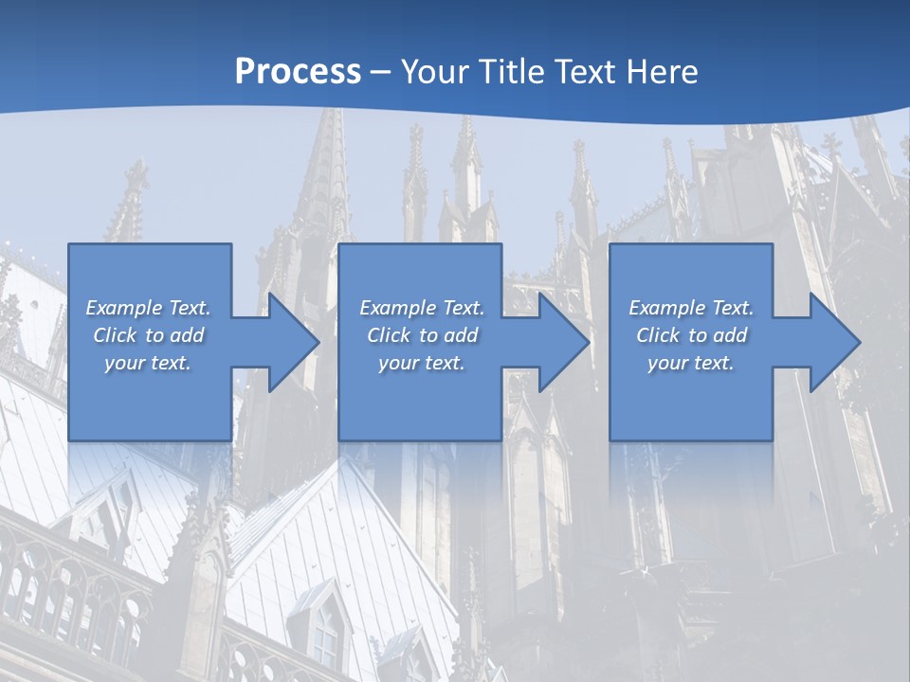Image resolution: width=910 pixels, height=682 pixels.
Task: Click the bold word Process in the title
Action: pyautogui.click(x=298, y=72)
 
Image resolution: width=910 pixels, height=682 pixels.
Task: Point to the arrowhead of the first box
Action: pyautogui.click(x=294, y=342)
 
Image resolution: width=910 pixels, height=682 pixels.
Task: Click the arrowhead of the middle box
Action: pyautogui.click(x=564, y=342)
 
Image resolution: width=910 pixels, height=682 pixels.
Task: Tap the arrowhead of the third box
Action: pyautogui.click(x=835, y=342)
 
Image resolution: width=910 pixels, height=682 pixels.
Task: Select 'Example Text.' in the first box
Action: pyautogui.click(x=148, y=308)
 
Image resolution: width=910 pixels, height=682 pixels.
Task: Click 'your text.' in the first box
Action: pyautogui.click(x=148, y=363)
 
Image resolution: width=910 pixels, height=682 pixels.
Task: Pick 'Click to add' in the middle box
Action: pyautogui.click(x=422, y=335)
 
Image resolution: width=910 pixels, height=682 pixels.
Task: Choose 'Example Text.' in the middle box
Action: pyautogui.click(x=422, y=308)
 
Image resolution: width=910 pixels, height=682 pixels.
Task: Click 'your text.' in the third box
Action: pyautogui.click(x=691, y=363)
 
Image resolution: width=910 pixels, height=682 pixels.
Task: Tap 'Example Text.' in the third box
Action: pyautogui.click(x=691, y=308)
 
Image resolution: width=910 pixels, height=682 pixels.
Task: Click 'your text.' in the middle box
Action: pyautogui.click(x=422, y=363)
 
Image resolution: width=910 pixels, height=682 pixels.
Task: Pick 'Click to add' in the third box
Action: pyautogui.click(x=691, y=335)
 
